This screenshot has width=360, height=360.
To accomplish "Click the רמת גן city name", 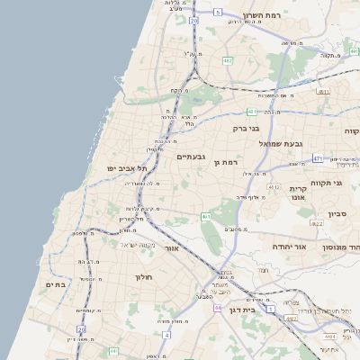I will (x=224, y=162).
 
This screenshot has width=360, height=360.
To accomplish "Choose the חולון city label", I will (x=145, y=277).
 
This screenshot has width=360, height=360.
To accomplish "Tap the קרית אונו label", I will (x=299, y=194).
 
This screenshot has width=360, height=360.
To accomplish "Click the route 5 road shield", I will (x=218, y=12).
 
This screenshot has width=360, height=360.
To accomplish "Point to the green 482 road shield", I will (x=228, y=61).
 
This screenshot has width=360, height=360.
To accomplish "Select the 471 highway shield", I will (x=318, y=158).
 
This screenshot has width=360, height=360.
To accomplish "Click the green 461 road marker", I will (x=205, y=217).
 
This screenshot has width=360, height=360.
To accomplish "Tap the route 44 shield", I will (x=219, y=307).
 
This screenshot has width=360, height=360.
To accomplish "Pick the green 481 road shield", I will (x=253, y=112).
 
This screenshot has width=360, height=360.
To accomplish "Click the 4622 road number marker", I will (x=316, y=223).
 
